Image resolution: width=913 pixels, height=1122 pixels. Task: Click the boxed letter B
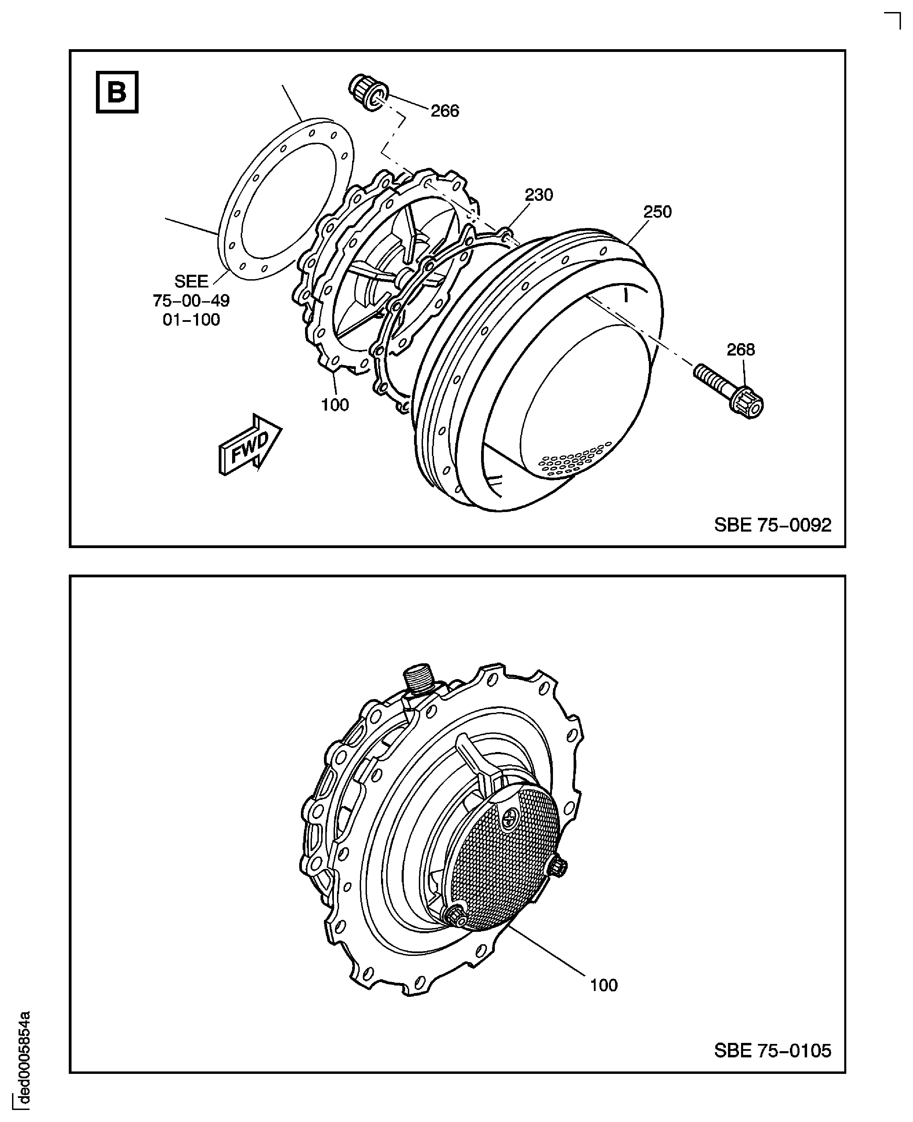click(x=117, y=92)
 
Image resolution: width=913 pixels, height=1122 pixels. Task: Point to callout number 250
click(x=657, y=212)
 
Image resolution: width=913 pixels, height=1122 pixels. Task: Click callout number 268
click(x=740, y=350)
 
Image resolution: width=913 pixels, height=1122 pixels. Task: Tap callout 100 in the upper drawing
click(x=335, y=405)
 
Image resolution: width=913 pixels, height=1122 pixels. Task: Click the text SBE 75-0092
click(x=773, y=525)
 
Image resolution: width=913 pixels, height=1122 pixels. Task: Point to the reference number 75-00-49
click(x=192, y=301)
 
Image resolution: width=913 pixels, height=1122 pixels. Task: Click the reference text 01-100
click(x=192, y=320)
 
